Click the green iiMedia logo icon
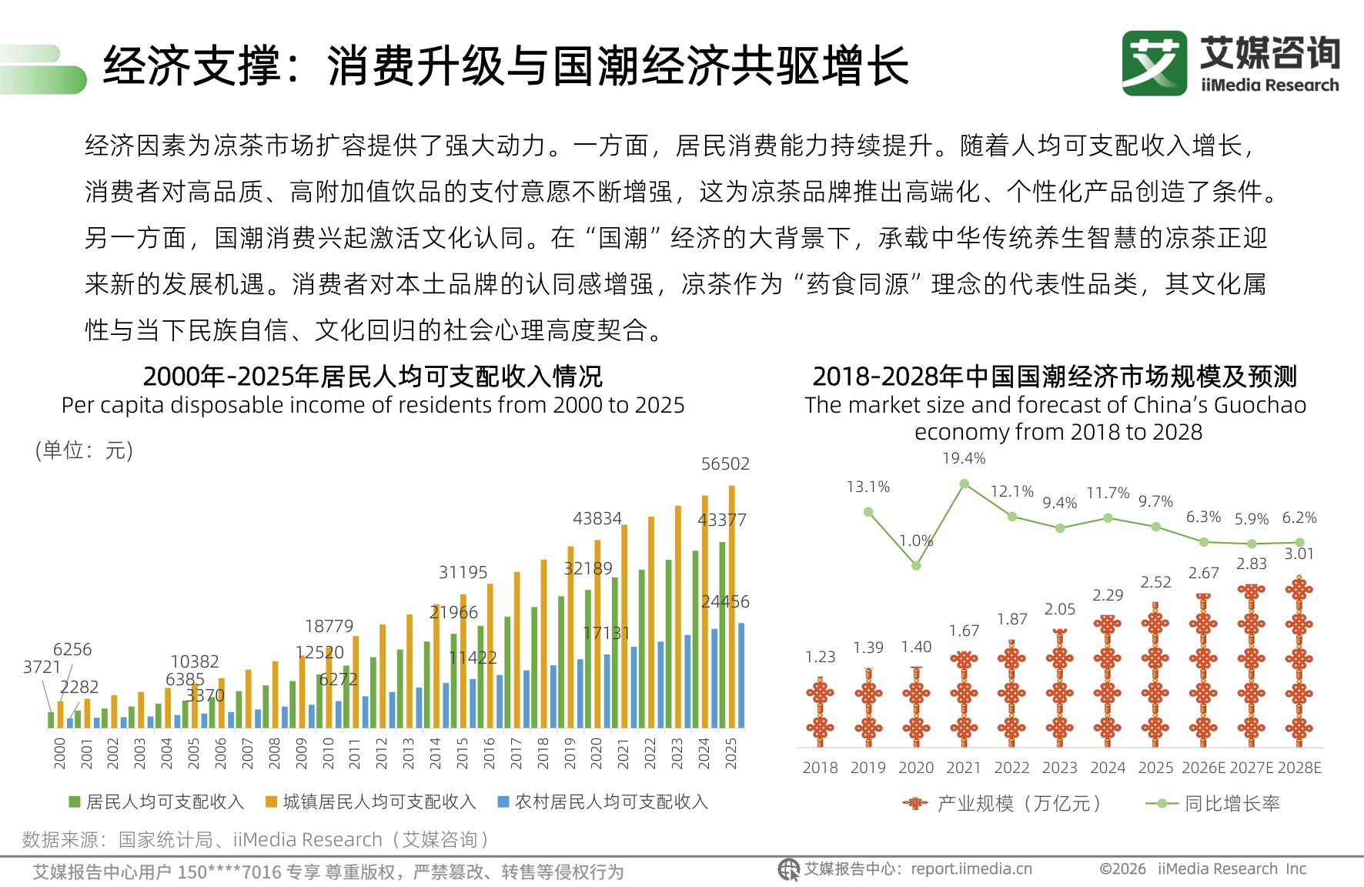pyautogui.click(x=1154, y=63)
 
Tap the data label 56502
pyautogui.click(x=724, y=464)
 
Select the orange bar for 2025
pyautogui.click(x=732, y=608)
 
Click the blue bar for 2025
pyautogui.click(x=741, y=675)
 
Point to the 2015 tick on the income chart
pyautogui.click(x=462, y=753)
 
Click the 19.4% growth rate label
pyautogui.click(x=963, y=458)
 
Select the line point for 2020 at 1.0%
pyautogui.click(x=916, y=566)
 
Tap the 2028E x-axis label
pyautogui.click(x=1299, y=768)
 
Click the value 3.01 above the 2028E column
pyautogui.click(x=1299, y=554)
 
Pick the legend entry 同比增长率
pyautogui.click(x=1231, y=804)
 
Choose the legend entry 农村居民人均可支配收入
pyautogui.click(x=610, y=802)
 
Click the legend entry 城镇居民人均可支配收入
pyautogui.click(x=379, y=802)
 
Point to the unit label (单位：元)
pyautogui.click(x=84, y=450)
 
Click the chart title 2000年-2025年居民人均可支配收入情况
pyautogui.click(x=373, y=377)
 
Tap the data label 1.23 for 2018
pyautogui.click(x=820, y=657)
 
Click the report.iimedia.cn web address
pyautogui.click(x=971, y=869)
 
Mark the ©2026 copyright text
pyautogui.click(x=1122, y=869)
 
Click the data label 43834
pyautogui.click(x=597, y=518)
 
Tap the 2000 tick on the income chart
pyautogui.click(x=59, y=753)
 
